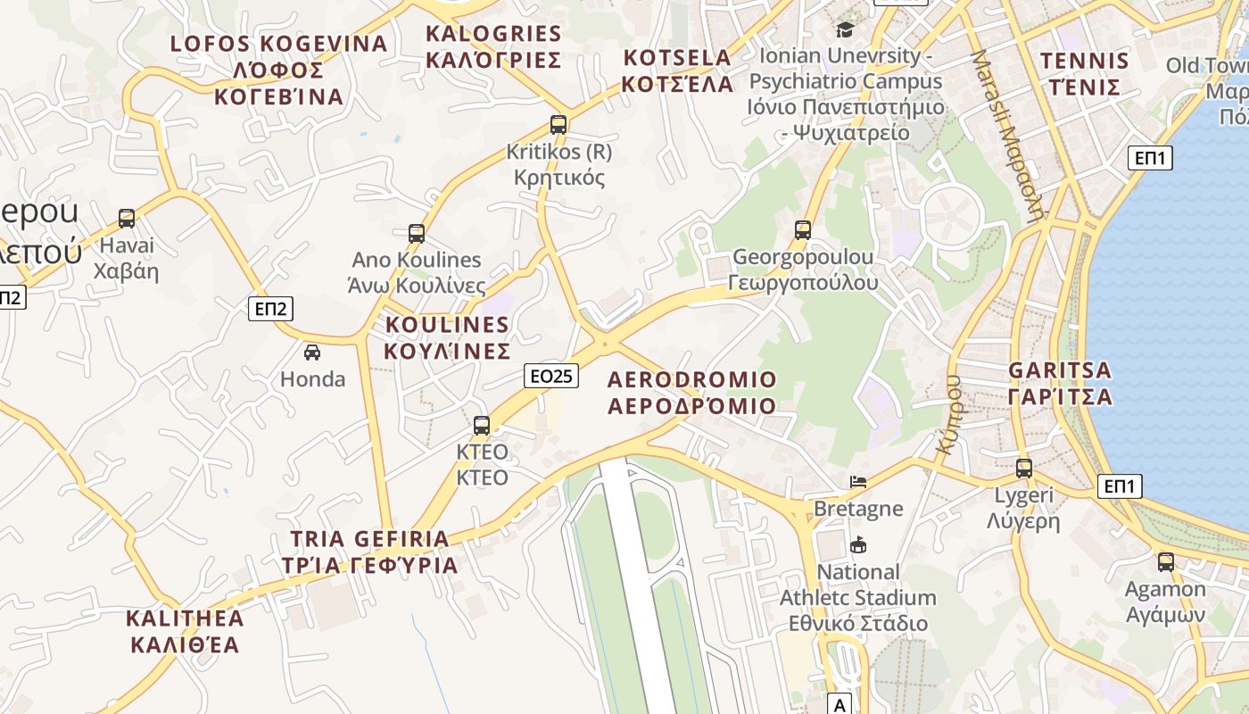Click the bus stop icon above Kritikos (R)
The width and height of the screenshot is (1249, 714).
558,125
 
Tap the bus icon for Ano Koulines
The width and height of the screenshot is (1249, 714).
416,234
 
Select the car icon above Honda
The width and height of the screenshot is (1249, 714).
312,353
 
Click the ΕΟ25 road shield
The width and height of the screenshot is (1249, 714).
551,376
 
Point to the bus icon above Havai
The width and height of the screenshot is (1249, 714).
127,219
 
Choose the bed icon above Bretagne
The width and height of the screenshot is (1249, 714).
858,482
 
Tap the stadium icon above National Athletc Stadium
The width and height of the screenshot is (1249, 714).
858,544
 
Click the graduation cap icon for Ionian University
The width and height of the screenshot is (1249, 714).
845,29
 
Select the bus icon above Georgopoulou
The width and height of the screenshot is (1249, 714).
803,230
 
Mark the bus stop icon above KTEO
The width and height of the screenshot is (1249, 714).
482,425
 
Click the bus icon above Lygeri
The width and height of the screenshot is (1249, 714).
1023,468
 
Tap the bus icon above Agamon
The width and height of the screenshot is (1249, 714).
1165,562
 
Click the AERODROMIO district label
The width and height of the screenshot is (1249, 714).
691,393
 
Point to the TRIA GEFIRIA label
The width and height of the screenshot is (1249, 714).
369,552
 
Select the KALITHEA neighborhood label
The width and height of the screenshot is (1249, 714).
185,631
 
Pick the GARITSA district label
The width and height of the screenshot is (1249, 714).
1060,383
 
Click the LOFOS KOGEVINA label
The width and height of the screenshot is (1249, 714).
279,70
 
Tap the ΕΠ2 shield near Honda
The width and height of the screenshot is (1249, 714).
270,309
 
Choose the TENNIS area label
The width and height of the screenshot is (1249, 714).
1085,74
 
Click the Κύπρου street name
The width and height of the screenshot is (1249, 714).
951,416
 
